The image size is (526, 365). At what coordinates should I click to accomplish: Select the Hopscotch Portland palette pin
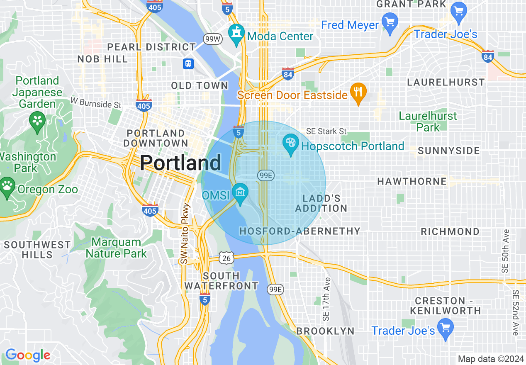(x=291, y=144)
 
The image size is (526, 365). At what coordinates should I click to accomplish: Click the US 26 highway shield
(x=227, y=258)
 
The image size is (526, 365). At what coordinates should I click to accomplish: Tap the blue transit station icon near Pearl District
(x=188, y=63)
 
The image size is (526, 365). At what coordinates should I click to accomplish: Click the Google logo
(x=28, y=355)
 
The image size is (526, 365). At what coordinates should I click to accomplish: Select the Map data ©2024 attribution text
(x=491, y=359)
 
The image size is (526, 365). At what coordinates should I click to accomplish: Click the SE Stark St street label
(x=326, y=131)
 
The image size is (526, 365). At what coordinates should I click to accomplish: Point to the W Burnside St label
(x=96, y=102)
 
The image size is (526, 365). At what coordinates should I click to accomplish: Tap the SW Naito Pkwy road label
(x=185, y=234)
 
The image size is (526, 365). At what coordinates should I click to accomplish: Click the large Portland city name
(x=180, y=163)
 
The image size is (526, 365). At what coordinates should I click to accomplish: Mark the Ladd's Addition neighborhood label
(x=321, y=203)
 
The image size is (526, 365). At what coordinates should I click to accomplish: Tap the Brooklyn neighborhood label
(x=325, y=331)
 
